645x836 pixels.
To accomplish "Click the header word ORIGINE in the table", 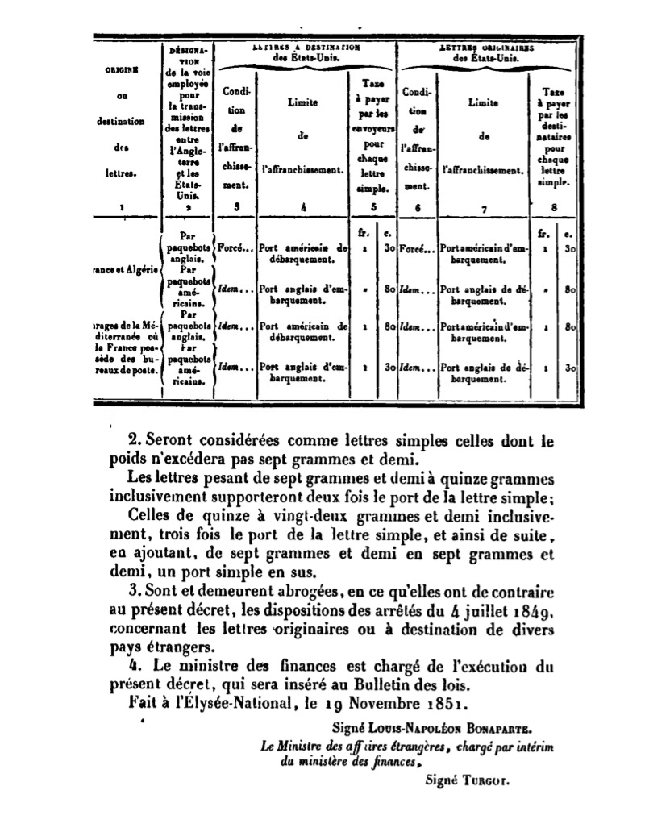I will click(x=120, y=69).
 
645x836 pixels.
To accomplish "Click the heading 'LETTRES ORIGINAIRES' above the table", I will click(x=490, y=48).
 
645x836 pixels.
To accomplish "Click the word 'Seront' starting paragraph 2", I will click(x=170, y=442).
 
